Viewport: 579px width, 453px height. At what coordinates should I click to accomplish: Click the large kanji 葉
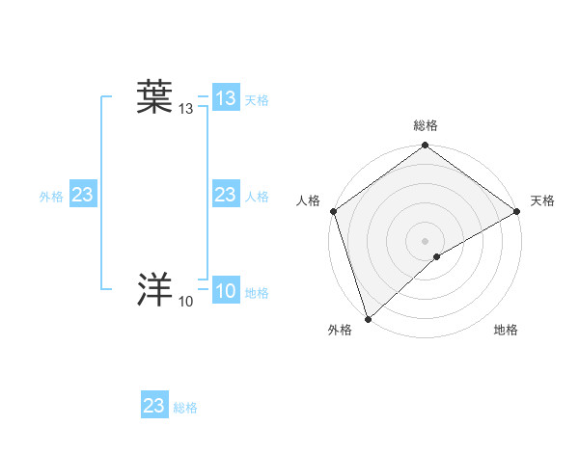pos(154,98)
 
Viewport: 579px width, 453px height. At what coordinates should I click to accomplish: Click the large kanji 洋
pos(154,289)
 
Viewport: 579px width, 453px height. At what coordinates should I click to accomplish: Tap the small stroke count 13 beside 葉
pos(186,111)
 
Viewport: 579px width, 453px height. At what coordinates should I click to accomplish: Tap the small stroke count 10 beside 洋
pos(186,303)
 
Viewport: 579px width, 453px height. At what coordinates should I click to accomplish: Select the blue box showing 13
pos(226,98)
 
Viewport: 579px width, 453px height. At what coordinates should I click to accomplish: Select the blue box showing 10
pos(226,292)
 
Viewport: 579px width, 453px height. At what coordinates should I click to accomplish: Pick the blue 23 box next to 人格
pos(226,196)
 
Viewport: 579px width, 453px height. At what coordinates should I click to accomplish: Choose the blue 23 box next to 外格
pos(83,196)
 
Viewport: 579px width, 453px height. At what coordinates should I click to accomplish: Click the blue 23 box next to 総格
pos(154,406)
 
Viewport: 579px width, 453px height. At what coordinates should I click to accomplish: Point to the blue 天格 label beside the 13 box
pos(257,100)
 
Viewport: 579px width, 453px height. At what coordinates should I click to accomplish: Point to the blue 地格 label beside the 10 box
pos(257,293)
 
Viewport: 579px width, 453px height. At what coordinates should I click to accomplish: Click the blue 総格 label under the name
pos(185,408)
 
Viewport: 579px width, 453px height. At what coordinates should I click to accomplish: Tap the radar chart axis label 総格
pos(425,125)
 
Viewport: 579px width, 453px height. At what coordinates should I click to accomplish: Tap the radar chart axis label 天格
pos(542,200)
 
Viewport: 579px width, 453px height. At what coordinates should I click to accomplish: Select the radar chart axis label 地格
pos(506,331)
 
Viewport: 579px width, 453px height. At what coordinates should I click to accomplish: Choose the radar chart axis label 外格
pos(340,331)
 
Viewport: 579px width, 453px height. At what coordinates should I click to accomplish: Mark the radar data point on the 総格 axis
pos(425,147)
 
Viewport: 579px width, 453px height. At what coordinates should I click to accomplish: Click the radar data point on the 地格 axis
pos(437,256)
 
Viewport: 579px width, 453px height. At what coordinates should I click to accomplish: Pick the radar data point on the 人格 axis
pos(333,211)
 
